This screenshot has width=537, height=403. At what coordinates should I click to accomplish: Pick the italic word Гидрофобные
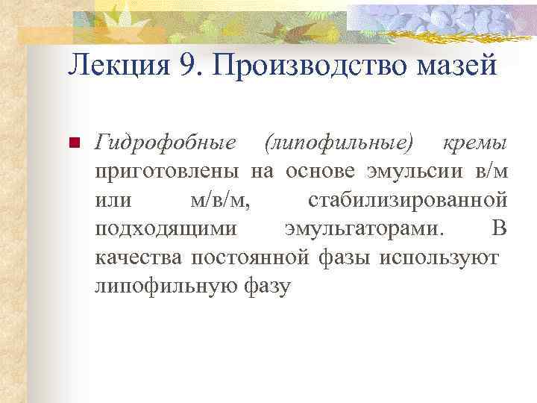click(166, 143)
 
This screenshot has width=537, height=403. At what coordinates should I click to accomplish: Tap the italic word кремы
click(475, 143)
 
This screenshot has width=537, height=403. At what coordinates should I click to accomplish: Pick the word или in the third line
click(113, 200)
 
